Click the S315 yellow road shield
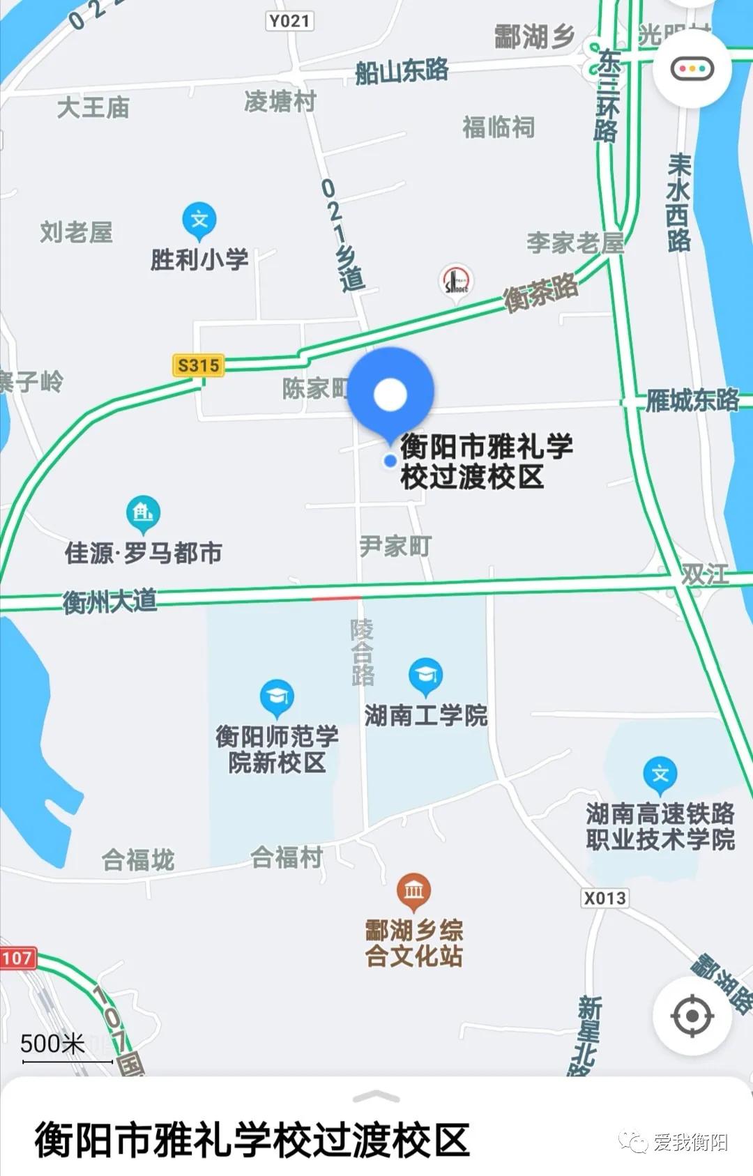pos(199,365)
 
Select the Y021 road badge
pos(289,21)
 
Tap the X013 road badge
pos(604,898)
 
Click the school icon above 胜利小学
pos(199,220)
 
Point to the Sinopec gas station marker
pos(457,282)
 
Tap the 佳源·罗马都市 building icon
pos(143,514)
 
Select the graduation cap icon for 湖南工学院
pos(425,675)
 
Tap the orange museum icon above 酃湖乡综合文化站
pos(413,890)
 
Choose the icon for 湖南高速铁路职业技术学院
pos(660,774)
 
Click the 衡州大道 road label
pos(110,601)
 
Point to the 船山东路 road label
pos(402,71)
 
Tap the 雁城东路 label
pos(692,400)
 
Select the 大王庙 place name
pos(93,108)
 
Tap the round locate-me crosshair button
pos(692,1016)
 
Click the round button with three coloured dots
pos(692,68)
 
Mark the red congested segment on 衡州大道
pos(337,598)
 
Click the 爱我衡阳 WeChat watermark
pos(674,1142)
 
